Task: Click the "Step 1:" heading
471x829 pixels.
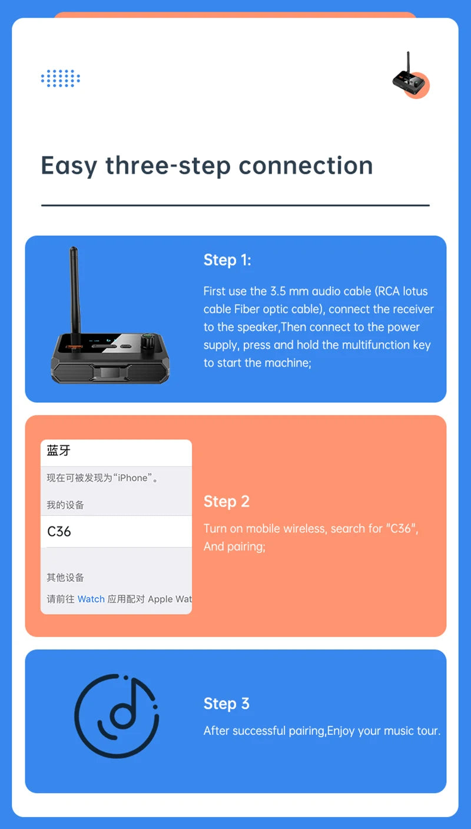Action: [x=227, y=260]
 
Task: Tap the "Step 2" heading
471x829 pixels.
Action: [x=227, y=502]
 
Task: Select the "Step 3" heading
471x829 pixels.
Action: [x=227, y=704]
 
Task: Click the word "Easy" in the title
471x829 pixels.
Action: [x=69, y=167]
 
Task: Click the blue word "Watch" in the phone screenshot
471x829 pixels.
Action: [x=91, y=599]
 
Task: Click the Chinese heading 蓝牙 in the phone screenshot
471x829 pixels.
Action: [x=58, y=450]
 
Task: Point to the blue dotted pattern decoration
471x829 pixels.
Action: [x=60, y=78]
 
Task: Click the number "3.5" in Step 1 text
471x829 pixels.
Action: [x=278, y=291]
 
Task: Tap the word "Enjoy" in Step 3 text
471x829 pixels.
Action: [x=341, y=731]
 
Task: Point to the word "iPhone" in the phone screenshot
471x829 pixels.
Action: [x=132, y=477]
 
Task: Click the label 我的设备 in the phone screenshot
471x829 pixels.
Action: [x=65, y=505]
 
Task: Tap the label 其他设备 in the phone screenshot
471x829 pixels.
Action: [x=65, y=578]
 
